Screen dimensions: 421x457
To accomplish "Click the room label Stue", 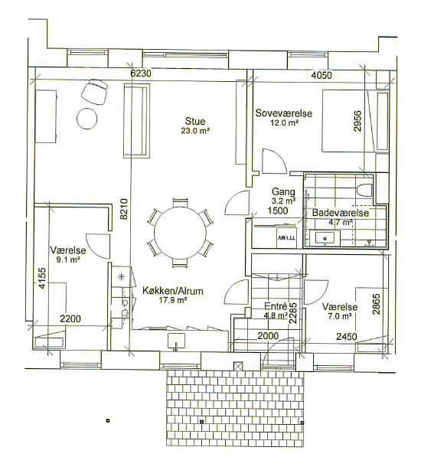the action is click(195, 121).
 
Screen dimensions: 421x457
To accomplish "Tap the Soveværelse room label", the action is click(284, 113).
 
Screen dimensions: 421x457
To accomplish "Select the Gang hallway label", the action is click(283, 192).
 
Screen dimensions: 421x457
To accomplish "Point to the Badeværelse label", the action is click(341, 213).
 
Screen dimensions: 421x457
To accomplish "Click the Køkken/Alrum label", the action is click(173, 291).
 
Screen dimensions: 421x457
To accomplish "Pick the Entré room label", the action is click(276, 306).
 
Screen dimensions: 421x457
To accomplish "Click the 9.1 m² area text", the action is click(68, 260).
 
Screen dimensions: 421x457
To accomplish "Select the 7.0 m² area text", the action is click(340, 316).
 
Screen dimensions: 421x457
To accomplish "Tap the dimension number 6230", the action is click(141, 73).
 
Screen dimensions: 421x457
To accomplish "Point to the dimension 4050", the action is click(321, 76).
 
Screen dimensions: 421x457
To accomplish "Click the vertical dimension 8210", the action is click(124, 209).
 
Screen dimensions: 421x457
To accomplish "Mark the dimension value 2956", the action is click(357, 121).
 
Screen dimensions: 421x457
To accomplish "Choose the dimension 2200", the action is click(70, 319).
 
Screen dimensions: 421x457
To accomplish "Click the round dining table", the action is click(181, 233).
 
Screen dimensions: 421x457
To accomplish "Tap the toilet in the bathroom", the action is click(364, 190).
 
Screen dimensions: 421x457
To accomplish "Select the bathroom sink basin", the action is click(325, 238).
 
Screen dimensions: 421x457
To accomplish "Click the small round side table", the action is click(86, 119).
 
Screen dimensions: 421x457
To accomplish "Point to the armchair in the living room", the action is click(94, 92).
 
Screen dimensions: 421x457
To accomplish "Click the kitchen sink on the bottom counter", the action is click(176, 341).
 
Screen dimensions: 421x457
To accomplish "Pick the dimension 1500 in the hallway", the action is click(278, 211).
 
